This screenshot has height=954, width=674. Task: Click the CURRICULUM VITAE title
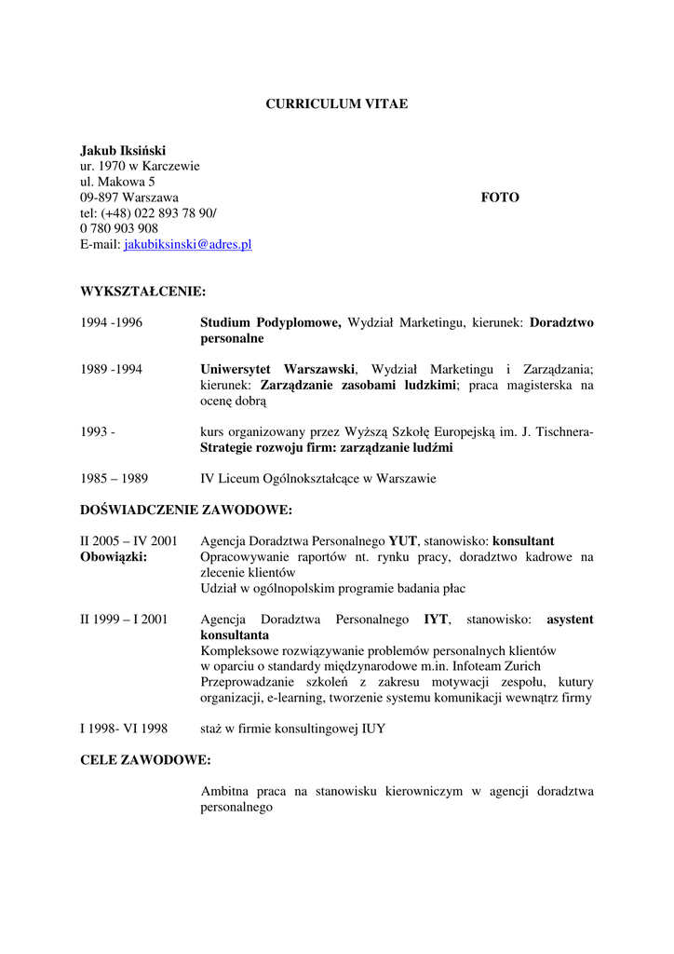coord(336,104)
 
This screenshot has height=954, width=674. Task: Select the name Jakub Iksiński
coord(123,150)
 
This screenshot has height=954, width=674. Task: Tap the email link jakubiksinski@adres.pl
coord(188,244)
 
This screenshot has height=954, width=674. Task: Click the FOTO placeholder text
coord(500,198)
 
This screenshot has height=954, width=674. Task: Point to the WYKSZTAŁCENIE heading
coord(142,292)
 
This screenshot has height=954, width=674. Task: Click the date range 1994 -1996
coord(111,322)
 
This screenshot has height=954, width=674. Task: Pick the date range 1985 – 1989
coord(114,479)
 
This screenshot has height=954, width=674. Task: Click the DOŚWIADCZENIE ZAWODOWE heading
coord(186,510)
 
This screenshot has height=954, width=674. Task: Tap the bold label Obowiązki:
coord(114,557)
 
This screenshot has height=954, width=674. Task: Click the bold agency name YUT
coord(402,541)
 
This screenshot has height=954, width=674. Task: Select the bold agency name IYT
coord(436,619)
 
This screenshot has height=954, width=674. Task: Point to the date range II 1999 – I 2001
coord(124,619)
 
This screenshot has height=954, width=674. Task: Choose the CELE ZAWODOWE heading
coord(145,759)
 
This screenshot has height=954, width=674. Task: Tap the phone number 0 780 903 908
coord(119,228)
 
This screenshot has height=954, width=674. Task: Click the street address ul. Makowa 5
coord(117,182)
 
